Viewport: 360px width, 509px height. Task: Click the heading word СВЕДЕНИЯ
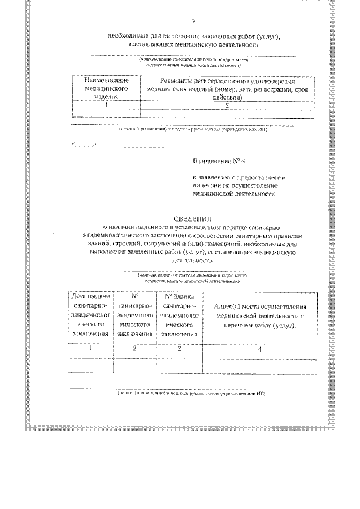(192, 218)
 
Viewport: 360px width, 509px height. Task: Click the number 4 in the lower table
(259, 349)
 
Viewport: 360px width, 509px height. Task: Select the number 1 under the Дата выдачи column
(91, 349)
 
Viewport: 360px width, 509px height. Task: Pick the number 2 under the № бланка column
(179, 349)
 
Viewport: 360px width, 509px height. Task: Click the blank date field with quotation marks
(84, 145)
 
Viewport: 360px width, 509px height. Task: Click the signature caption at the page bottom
(191, 393)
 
